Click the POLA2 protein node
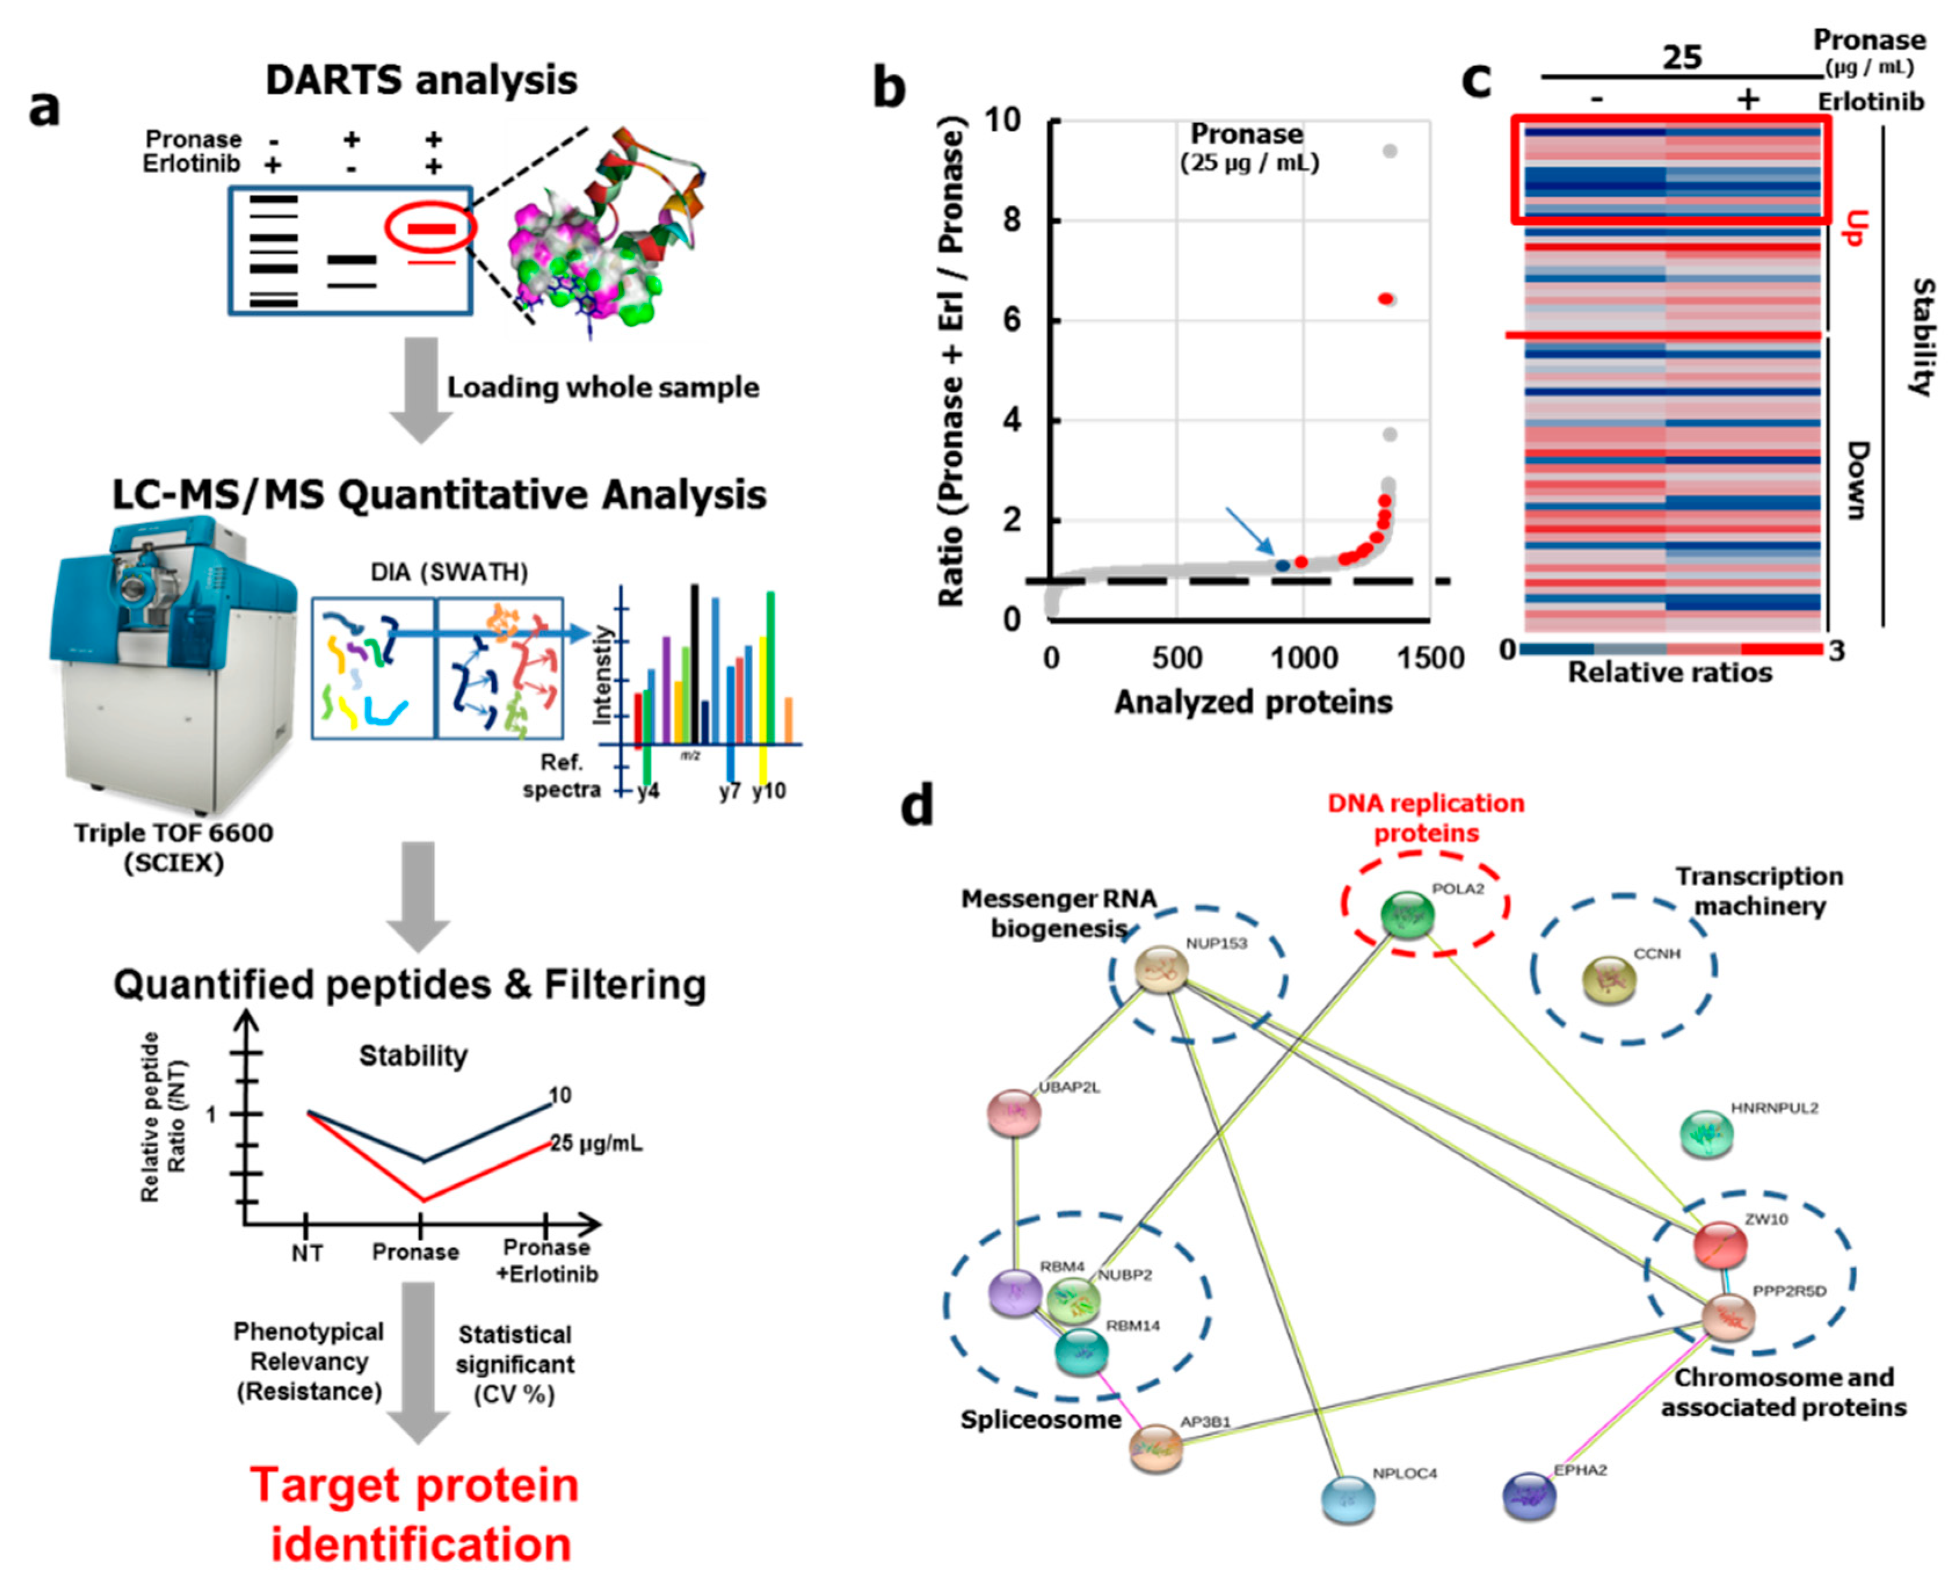coord(1407,915)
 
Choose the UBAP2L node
coord(1014,1113)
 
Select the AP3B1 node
coord(1156,1447)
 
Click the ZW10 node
coord(1720,1243)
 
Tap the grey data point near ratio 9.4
coord(1389,151)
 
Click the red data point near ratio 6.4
coord(1386,299)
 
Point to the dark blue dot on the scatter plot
coord(1283,565)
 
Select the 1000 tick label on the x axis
coord(1303,658)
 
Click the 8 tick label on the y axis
coord(1011,220)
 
